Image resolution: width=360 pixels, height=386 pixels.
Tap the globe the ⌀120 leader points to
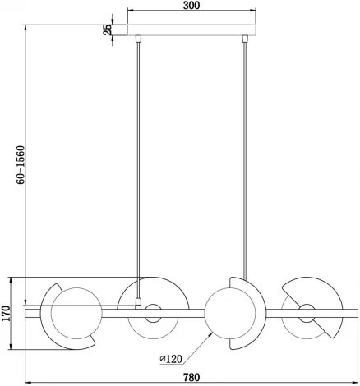[227, 312]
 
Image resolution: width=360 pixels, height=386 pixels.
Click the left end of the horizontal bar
[30, 312]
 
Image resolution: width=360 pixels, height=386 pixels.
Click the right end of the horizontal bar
[355, 312]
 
